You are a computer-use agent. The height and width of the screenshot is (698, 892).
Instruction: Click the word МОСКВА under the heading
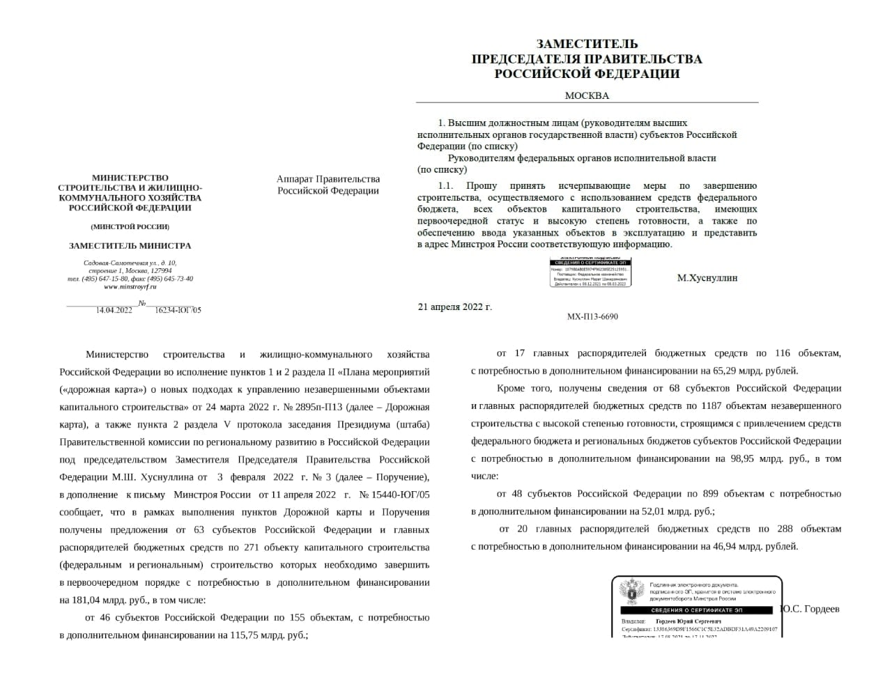[x=586, y=96]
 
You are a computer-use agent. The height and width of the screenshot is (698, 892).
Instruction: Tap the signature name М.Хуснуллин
[x=707, y=278]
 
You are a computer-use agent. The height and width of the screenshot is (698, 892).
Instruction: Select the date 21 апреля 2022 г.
[x=454, y=307]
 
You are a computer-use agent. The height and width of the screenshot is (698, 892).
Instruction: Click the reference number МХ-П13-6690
[x=592, y=316]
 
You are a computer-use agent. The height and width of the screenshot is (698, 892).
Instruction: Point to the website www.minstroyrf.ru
[x=130, y=287]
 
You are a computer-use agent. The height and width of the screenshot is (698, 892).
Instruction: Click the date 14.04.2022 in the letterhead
[x=114, y=310]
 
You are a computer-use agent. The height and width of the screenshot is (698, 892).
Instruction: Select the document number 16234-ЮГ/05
[x=178, y=310]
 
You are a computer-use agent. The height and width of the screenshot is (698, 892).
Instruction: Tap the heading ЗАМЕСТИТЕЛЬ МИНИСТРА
[x=130, y=246]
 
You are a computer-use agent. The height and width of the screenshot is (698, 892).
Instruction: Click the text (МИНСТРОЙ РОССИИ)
[x=130, y=226]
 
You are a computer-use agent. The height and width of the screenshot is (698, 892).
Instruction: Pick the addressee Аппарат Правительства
[x=328, y=179]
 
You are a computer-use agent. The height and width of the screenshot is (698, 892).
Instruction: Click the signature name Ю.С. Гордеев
[x=810, y=609]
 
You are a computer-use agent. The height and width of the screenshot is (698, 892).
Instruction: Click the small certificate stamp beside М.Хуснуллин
[x=590, y=272]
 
